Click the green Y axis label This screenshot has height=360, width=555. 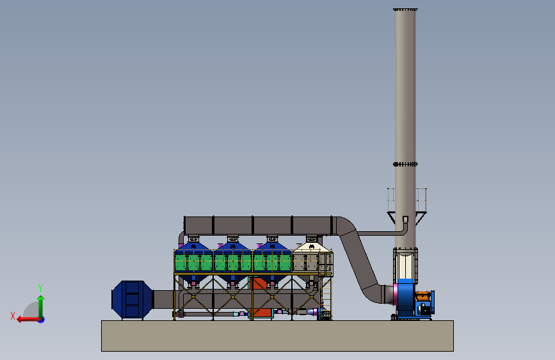(40, 288)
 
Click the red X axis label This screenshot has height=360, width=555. (13, 316)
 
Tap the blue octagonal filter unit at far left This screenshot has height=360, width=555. (132, 299)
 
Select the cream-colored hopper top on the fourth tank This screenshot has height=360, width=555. (312, 247)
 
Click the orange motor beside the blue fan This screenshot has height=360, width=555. (422, 295)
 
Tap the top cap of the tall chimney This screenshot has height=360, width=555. (405, 10)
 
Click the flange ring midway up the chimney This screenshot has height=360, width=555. (405, 164)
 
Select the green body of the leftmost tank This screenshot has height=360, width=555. (193, 263)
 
